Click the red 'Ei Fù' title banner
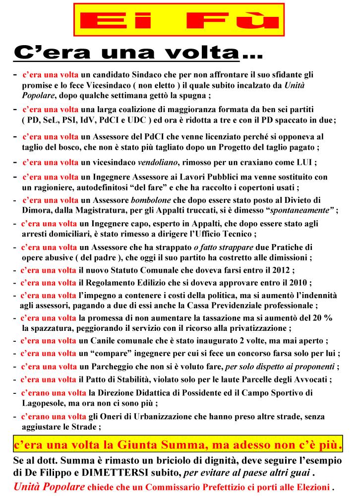pos(179,20)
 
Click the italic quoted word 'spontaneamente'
pos(302,210)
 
